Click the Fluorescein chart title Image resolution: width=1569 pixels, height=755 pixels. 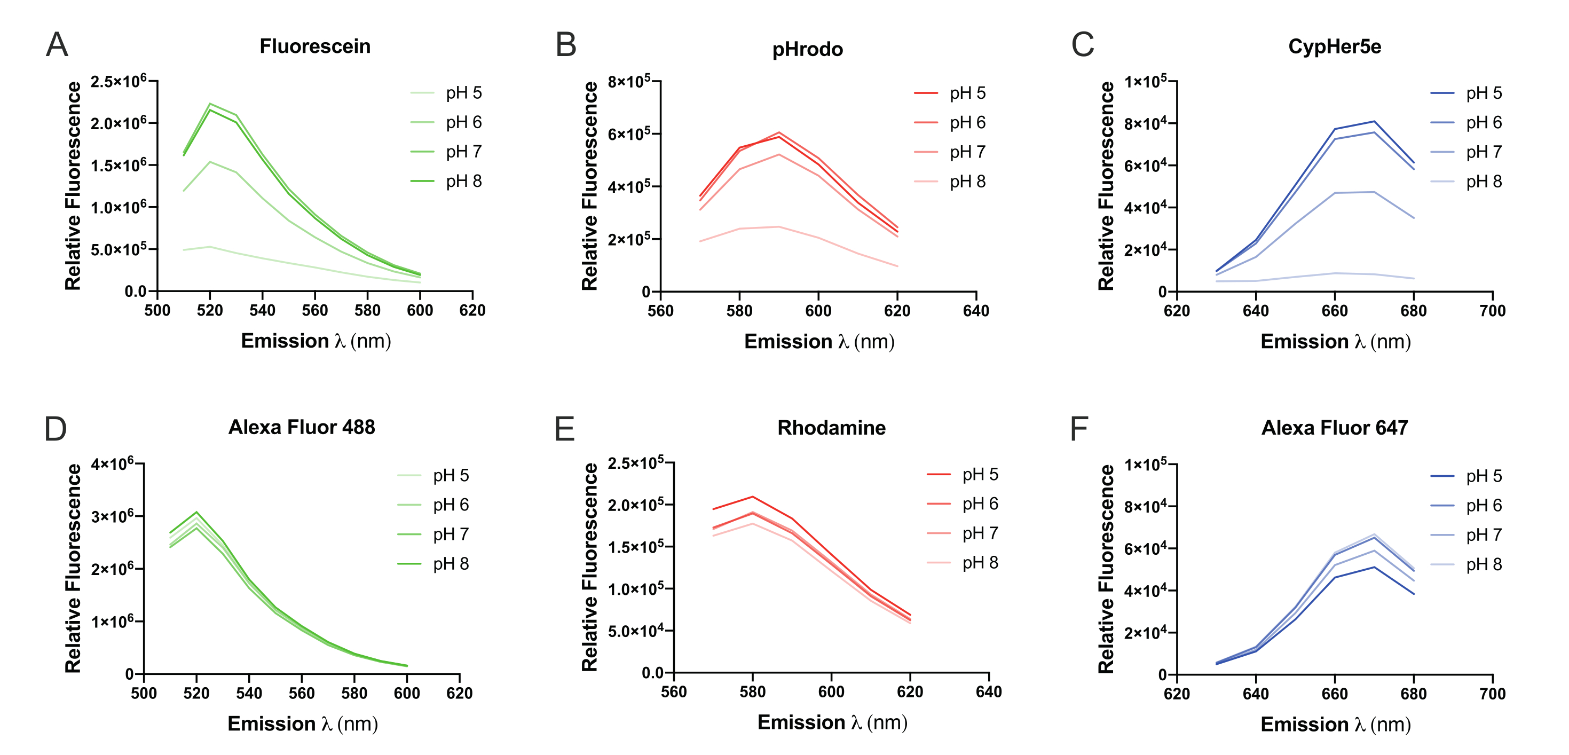(x=315, y=46)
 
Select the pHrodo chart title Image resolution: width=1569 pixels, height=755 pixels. (x=807, y=49)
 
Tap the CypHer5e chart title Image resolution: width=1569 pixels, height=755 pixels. (x=1335, y=46)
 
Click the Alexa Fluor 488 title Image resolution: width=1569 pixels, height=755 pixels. (x=302, y=427)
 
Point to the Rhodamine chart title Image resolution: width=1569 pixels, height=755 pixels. (x=831, y=428)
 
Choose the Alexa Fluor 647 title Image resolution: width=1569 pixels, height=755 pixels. (x=1335, y=428)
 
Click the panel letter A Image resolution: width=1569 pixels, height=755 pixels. (x=57, y=44)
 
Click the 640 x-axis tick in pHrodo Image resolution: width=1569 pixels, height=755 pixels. (x=976, y=311)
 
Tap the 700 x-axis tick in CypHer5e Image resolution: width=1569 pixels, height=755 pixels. (x=1492, y=311)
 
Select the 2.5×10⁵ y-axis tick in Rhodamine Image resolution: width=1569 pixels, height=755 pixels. (x=636, y=463)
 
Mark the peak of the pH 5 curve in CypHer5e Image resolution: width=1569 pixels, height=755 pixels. (x=1374, y=121)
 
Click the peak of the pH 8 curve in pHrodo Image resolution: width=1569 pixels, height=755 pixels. (x=778, y=227)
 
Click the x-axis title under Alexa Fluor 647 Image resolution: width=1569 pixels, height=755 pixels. (x=1335, y=724)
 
